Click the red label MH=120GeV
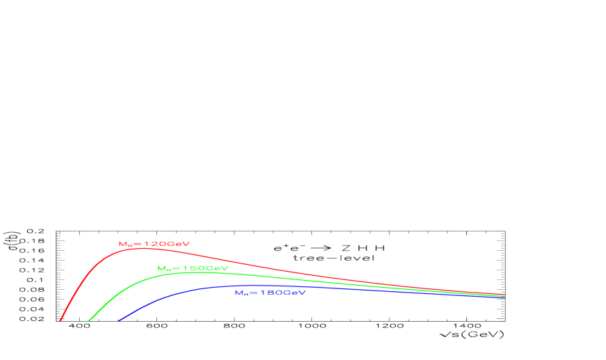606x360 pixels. pyautogui.click(x=154, y=244)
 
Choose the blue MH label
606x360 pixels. pyautogui.click(x=270, y=293)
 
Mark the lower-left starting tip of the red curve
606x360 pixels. pyautogui.click(x=61, y=320)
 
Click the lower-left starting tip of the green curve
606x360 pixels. pyautogui.click(x=89, y=320)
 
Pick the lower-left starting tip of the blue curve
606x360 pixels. pyautogui.click(x=120, y=320)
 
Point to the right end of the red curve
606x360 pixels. pyautogui.click(x=504, y=295)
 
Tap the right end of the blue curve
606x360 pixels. pyautogui.click(x=504, y=297)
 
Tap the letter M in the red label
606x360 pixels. pyautogui.click(x=122, y=244)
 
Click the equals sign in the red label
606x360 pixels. pyautogui.click(x=137, y=244)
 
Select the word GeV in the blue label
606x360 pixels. pyautogui.click(x=294, y=293)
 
